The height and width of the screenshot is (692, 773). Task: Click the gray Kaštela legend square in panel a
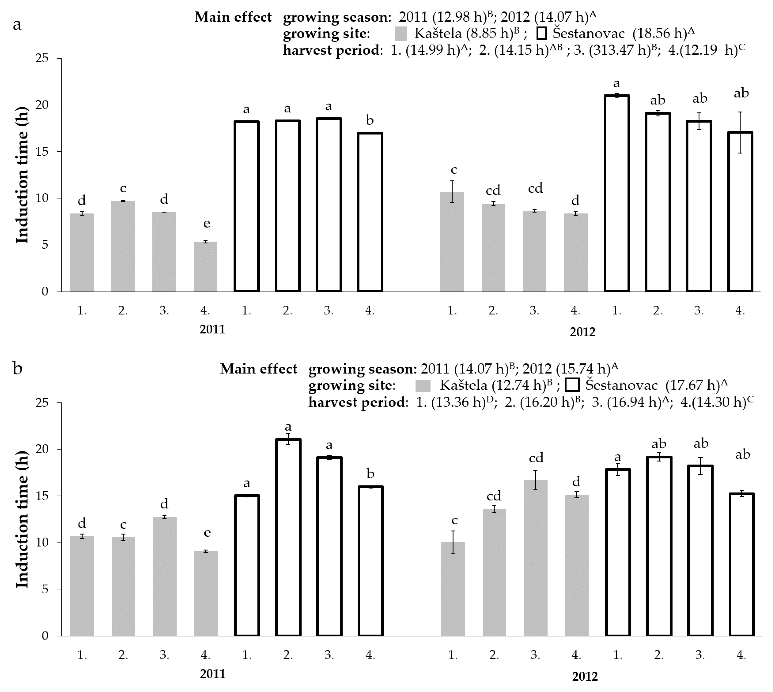coord(401,33)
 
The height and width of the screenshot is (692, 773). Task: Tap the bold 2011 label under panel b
coord(213,674)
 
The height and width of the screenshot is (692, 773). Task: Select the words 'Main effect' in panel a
coord(233,17)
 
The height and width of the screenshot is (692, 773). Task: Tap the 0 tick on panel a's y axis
coord(45,292)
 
